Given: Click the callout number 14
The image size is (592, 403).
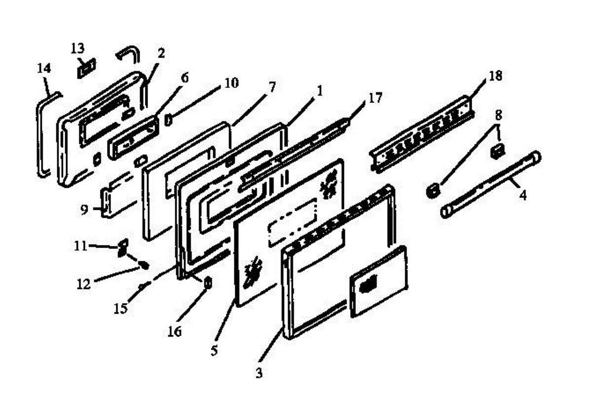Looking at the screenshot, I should (44, 68).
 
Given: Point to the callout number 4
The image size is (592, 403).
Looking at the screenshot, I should (522, 195).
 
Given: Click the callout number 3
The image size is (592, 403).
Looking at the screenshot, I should (259, 373).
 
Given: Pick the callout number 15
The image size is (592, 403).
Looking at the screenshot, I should (120, 308).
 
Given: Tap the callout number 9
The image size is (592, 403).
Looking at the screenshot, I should (84, 210).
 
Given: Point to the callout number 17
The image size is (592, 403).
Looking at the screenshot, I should (375, 98).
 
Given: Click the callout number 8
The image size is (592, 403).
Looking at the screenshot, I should (499, 116).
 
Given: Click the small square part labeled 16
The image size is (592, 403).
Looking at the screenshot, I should (208, 284).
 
